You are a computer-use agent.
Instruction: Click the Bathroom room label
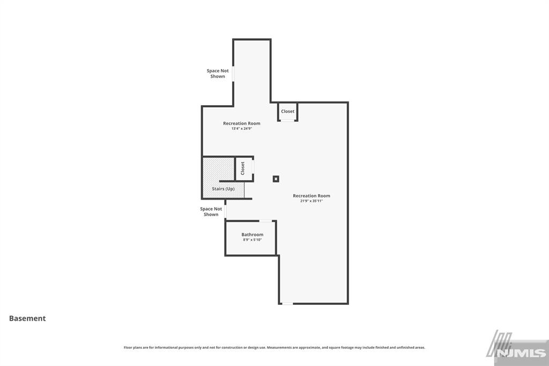coord(252,235)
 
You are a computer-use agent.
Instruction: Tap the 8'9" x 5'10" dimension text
coord(252,240)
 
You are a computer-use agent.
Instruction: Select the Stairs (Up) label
coord(223,189)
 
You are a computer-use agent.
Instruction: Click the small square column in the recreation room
coord(276,179)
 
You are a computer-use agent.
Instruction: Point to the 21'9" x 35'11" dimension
coord(311,201)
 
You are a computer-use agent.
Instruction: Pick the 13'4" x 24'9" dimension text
coord(242,129)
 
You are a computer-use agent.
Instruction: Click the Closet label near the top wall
coord(288,112)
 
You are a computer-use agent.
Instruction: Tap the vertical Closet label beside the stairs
coord(243,168)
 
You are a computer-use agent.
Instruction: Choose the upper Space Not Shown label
coord(218,74)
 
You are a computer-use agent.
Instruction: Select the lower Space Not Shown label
coord(211,211)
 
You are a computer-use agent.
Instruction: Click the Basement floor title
coord(27,318)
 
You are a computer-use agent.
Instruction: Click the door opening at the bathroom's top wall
coord(265,221)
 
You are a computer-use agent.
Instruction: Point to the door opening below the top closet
coord(288,121)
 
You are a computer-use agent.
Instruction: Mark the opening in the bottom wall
coord(288,304)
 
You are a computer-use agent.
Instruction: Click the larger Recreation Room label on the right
coord(311,196)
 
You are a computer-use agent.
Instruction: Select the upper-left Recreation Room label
coord(242,123)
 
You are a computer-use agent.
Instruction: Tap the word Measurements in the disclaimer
coord(279,347)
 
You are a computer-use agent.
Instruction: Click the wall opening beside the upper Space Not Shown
coord(233,74)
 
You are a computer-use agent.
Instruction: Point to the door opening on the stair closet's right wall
coord(253,168)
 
